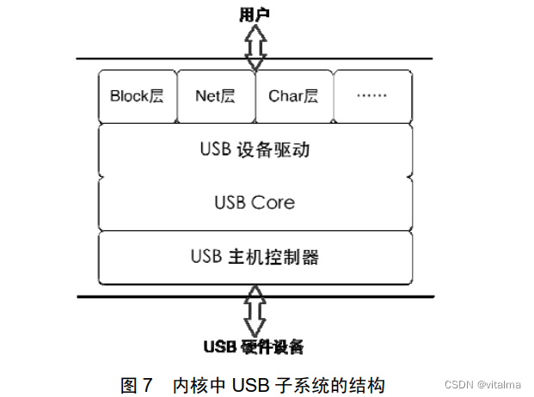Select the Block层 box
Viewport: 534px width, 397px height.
click(137, 96)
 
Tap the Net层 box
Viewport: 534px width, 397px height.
click(215, 96)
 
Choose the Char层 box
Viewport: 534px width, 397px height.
click(293, 96)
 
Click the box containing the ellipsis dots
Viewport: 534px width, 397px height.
click(371, 96)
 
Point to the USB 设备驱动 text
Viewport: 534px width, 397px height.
click(255, 150)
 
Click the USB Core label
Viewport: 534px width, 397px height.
click(255, 203)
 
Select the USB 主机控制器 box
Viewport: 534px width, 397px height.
click(255, 256)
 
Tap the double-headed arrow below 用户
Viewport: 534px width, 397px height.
click(255, 49)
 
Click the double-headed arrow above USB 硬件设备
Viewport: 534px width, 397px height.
click(255, 311)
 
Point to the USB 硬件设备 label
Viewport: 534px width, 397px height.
click(254, 347)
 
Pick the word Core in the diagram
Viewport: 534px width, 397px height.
click(273, 203)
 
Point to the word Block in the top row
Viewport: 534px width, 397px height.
click(129, 96)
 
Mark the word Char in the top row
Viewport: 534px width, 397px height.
click(285, 96)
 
